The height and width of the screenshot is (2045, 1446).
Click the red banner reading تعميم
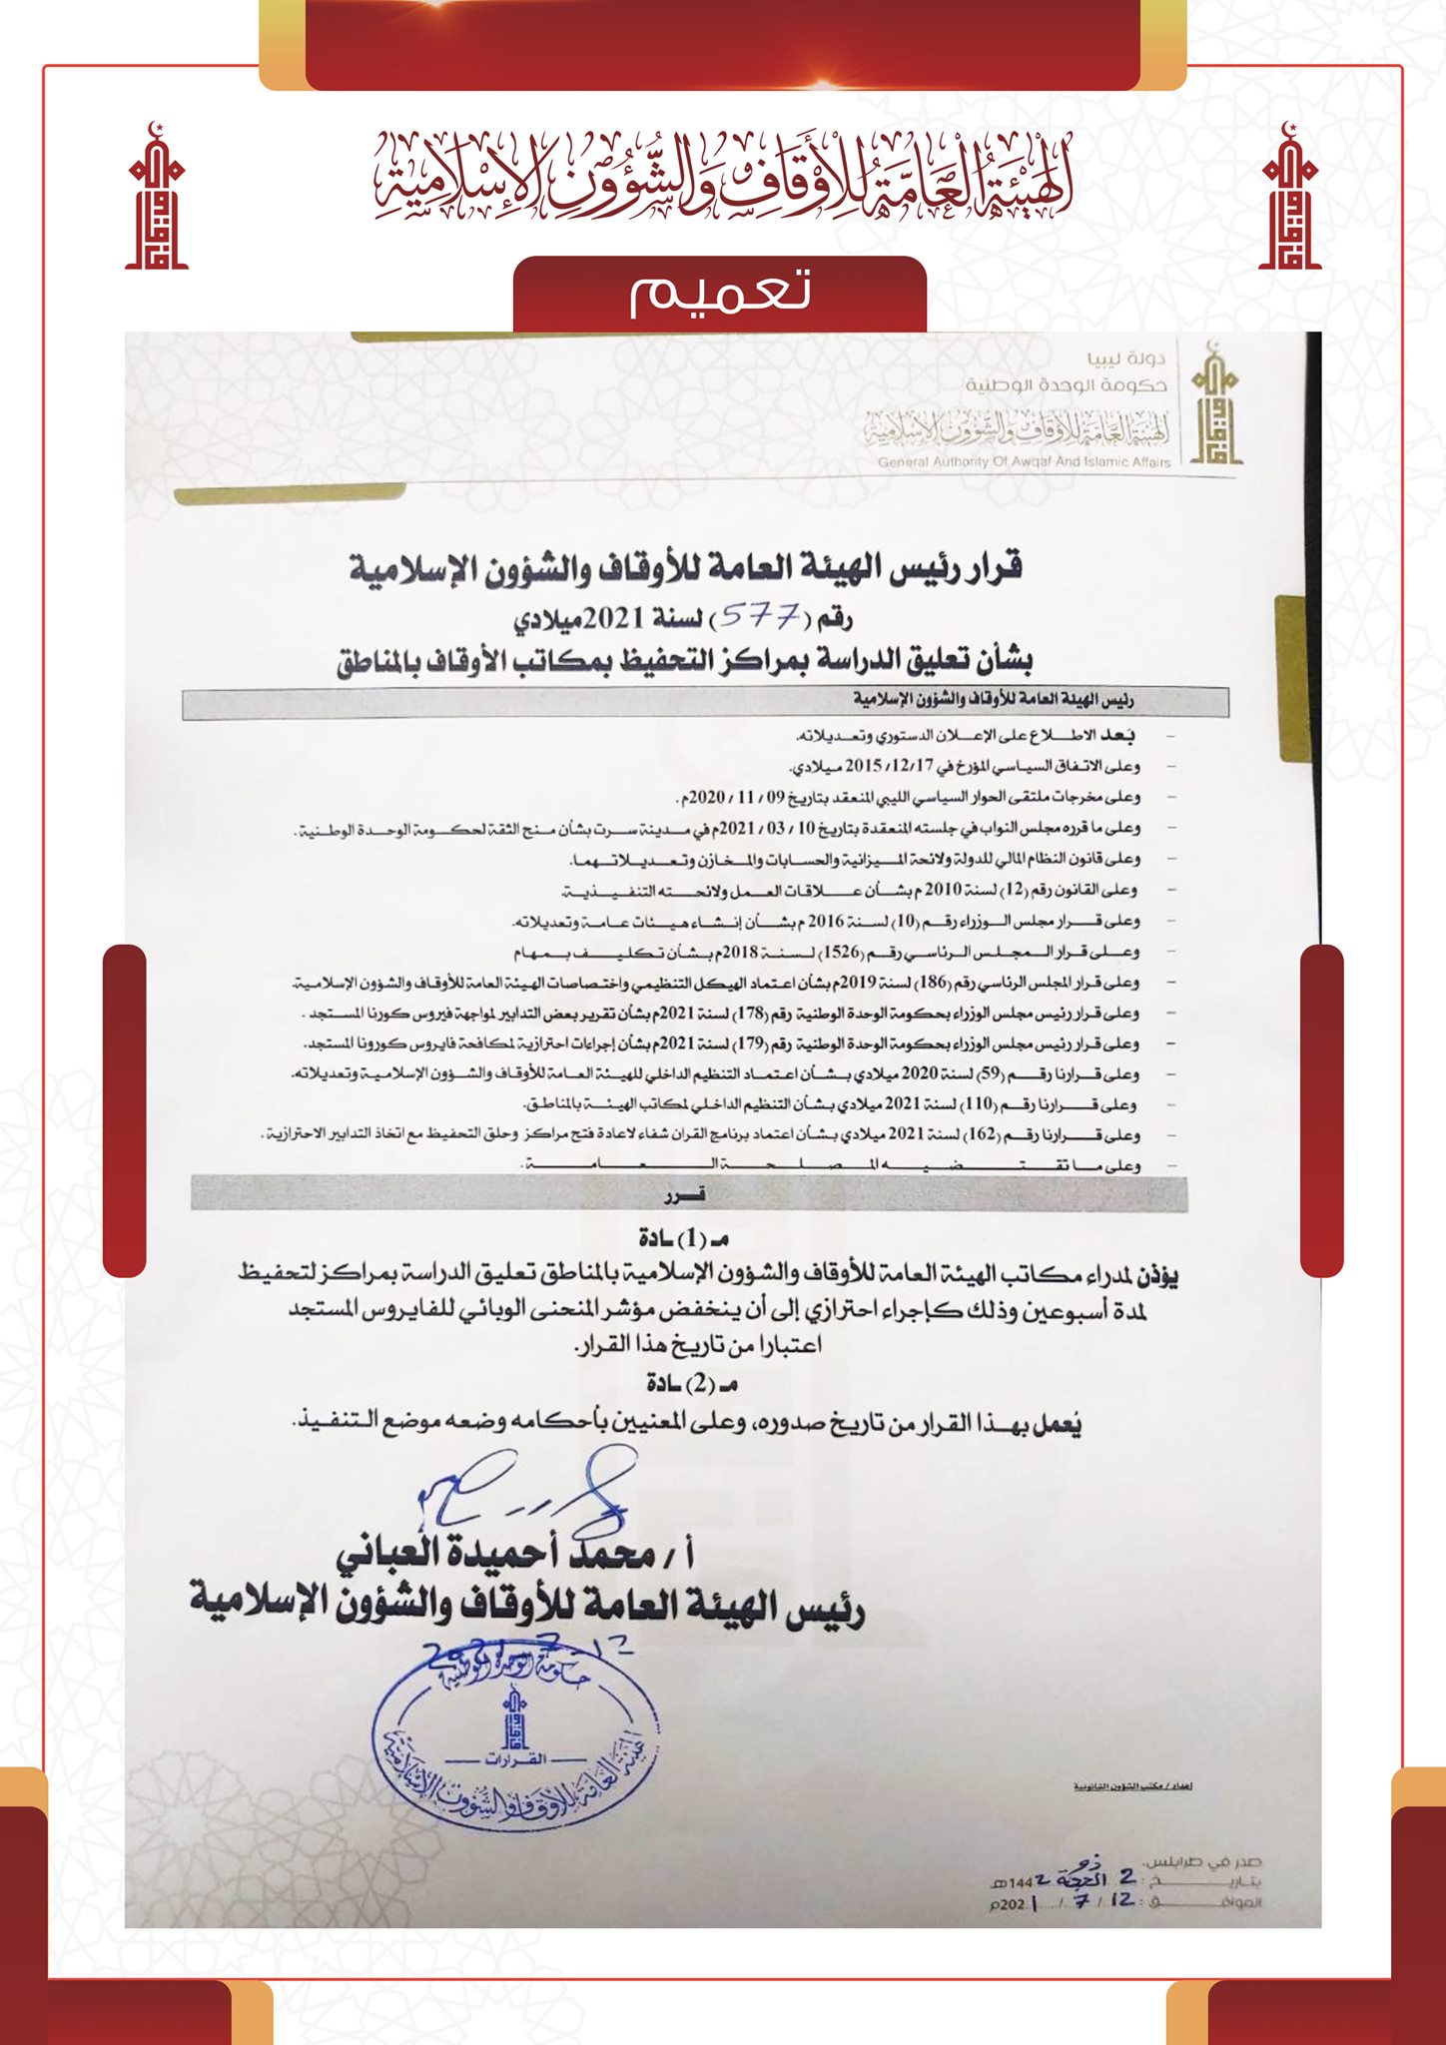click(719, 293)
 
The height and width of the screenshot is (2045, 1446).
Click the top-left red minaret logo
click(157, 198)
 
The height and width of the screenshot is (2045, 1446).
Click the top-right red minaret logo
click(1289, 198)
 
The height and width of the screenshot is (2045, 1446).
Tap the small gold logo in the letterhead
click(1215, 404)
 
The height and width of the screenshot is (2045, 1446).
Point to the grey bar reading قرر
click(689, 1194)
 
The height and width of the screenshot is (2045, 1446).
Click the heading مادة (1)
click(684, 1239)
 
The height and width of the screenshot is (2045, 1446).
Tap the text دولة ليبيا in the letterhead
click(1126, 358)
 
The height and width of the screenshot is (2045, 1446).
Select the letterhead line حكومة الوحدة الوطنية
click(1066, 385)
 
